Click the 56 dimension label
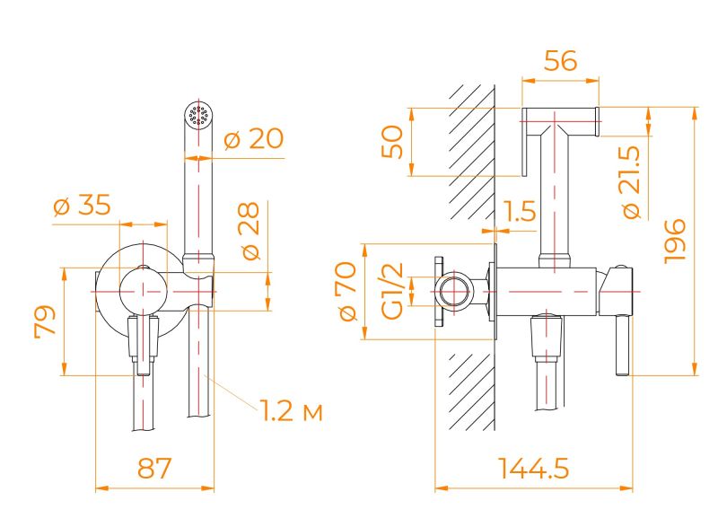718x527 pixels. (560, 60)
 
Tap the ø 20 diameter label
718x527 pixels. (254, 138)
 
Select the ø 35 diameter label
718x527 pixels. (83, 205)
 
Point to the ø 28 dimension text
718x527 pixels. (250, 231)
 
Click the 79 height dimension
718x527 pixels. (45, 321)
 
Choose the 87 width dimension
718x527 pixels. (154, 468)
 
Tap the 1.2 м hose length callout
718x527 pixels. (292, 410)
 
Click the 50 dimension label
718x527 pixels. (392, 142)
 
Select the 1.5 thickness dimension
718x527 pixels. (520, 211)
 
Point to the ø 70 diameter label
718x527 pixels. (346, 291)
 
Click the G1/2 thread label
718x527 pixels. (393, 291)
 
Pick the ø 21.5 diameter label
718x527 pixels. (633, 182)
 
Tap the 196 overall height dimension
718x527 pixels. (675, 241)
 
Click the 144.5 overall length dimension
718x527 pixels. (533, 469)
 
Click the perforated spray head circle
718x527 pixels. (198, 114)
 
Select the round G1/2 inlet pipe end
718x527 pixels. (455, 292)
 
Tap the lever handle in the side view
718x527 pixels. (622, 346)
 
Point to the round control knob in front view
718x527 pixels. (144, 291)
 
